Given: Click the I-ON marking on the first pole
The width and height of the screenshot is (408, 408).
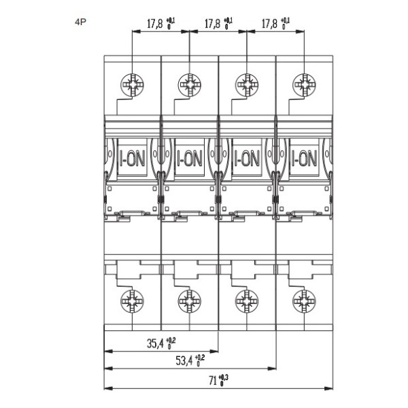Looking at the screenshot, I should pyautogui.click(x=131, y=159).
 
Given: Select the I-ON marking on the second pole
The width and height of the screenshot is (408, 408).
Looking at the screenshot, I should pyautogui.click(x=188, y=159).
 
